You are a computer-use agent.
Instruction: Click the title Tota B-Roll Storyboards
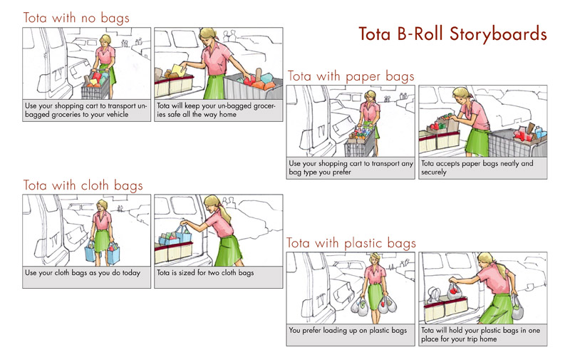[452, 34]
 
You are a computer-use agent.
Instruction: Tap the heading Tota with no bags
[76, 18]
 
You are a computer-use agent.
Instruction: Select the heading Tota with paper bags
[351, 76]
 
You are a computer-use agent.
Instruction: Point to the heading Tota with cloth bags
[83, 185]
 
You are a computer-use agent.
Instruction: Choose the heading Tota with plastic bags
[351, 243]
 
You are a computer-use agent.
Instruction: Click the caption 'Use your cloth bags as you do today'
[83, 273]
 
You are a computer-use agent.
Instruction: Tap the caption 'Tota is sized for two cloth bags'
[205, 273]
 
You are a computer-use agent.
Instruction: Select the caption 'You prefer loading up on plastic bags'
[348, 330]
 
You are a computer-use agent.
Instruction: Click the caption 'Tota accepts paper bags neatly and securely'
[477, 168]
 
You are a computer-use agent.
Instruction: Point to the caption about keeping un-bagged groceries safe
[216, 110]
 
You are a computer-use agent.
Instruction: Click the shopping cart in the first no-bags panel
[96, 85]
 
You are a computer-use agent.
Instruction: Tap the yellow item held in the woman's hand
[179, 70]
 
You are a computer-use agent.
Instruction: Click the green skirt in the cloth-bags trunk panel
[229, 250]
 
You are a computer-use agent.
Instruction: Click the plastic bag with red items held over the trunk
[454, 292]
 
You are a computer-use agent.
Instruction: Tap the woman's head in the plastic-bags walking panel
[375, 259]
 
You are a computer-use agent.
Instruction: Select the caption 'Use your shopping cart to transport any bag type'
[351, 168]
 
